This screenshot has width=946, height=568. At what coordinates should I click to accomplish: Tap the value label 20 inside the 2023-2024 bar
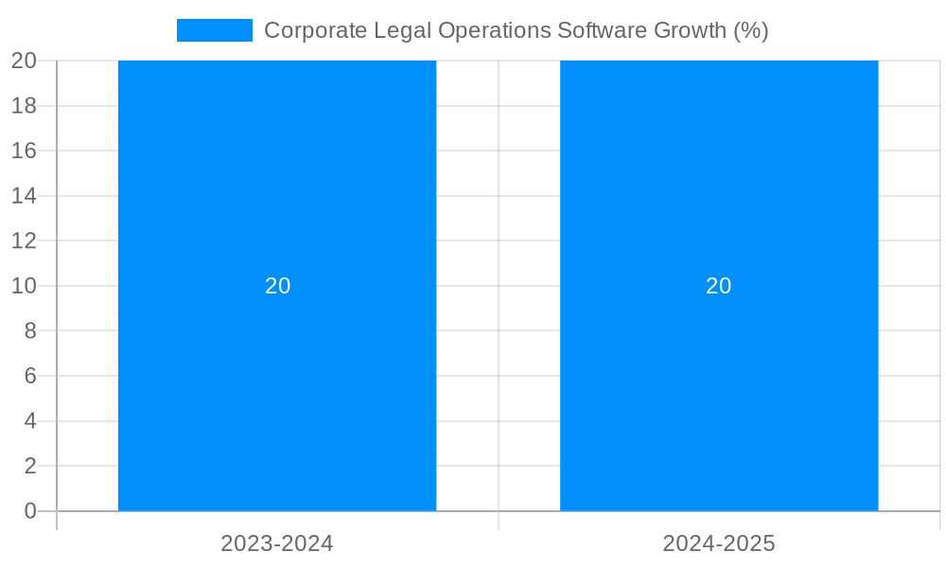pos(277,286)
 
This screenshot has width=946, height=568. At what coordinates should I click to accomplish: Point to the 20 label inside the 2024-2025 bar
pos(719,286)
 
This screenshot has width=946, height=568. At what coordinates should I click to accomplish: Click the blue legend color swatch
pos(215,30)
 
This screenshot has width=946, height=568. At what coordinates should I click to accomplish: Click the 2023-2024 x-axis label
pos(277,543)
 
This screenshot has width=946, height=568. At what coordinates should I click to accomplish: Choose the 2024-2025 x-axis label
pos(719,543)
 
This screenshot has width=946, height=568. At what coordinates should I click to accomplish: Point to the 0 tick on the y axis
pos(29,511)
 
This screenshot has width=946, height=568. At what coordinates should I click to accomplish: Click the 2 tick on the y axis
pos(29,466)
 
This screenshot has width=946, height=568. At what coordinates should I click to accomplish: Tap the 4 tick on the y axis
pos(29,421)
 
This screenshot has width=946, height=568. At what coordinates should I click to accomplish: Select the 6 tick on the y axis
pos(29,376)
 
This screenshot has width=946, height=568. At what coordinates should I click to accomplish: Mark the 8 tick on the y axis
pos(29,331)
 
